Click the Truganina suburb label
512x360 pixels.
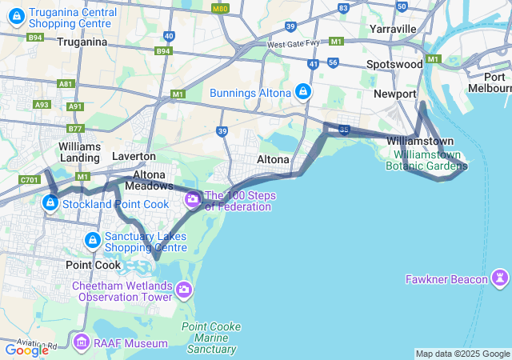tap(82, 42)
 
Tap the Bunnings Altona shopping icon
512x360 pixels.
tap(303, 93)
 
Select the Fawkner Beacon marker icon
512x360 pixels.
tap(501, 278)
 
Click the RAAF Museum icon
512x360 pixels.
tap(81, 344)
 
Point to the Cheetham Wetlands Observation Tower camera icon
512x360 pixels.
tap(185, 289)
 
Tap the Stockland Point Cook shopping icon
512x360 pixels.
tap(50, 203)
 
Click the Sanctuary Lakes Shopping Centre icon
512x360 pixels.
tap(93, 240)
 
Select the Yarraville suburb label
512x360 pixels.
tap(394, 29)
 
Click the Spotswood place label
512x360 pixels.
tap(394, 64)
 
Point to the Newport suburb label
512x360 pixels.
tap(395, 94)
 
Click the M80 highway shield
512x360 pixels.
tap(220, 8)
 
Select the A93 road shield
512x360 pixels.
tap(42, 105)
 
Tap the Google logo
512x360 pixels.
tap(26, 350)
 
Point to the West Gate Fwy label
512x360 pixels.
tap(294, 44)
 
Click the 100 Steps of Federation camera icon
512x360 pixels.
tap(192, 198)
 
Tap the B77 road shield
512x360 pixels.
tap(75, 128)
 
